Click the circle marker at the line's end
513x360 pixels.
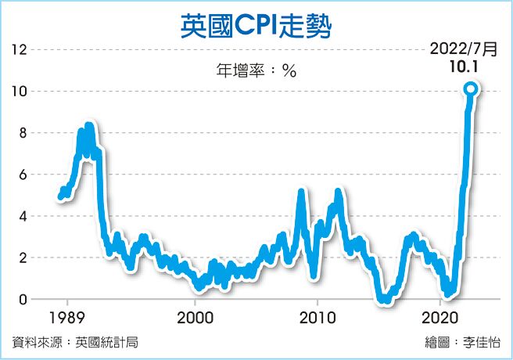pos(471,89)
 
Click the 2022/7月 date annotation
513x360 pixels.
pos(463,49)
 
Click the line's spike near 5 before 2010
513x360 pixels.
pos(301,193)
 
